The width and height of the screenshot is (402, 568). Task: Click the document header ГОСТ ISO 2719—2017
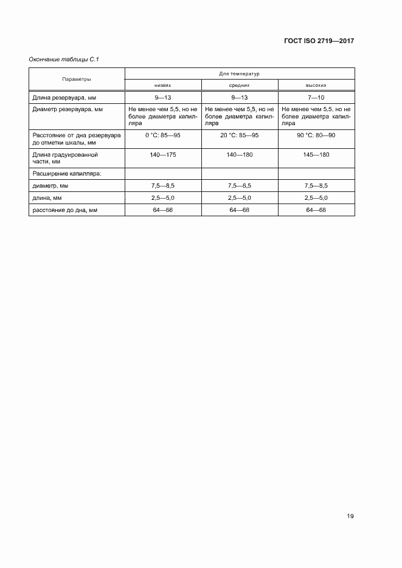pos(319,41)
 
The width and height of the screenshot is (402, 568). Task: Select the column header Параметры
pos(77,80)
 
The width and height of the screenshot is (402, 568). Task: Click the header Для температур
pos(239,74)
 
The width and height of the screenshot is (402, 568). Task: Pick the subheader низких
pos(162,86)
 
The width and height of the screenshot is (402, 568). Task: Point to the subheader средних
pos(239,86)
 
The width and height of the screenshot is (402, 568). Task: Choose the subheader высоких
pos(316,86)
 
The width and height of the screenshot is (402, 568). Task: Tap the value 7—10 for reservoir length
pos(316,97)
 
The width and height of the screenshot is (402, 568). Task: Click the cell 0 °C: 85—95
pos(162,135)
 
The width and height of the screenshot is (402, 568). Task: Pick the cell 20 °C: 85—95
pos(239,135)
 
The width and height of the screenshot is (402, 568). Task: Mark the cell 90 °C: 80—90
pos(316,135)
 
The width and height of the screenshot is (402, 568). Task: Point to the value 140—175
pos(162,155)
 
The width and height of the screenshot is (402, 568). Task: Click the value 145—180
pos(316,155)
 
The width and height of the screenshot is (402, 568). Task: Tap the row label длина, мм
pos(47,198)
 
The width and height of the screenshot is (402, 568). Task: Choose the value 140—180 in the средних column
pos(239,155)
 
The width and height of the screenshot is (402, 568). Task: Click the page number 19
pos(350,516)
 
